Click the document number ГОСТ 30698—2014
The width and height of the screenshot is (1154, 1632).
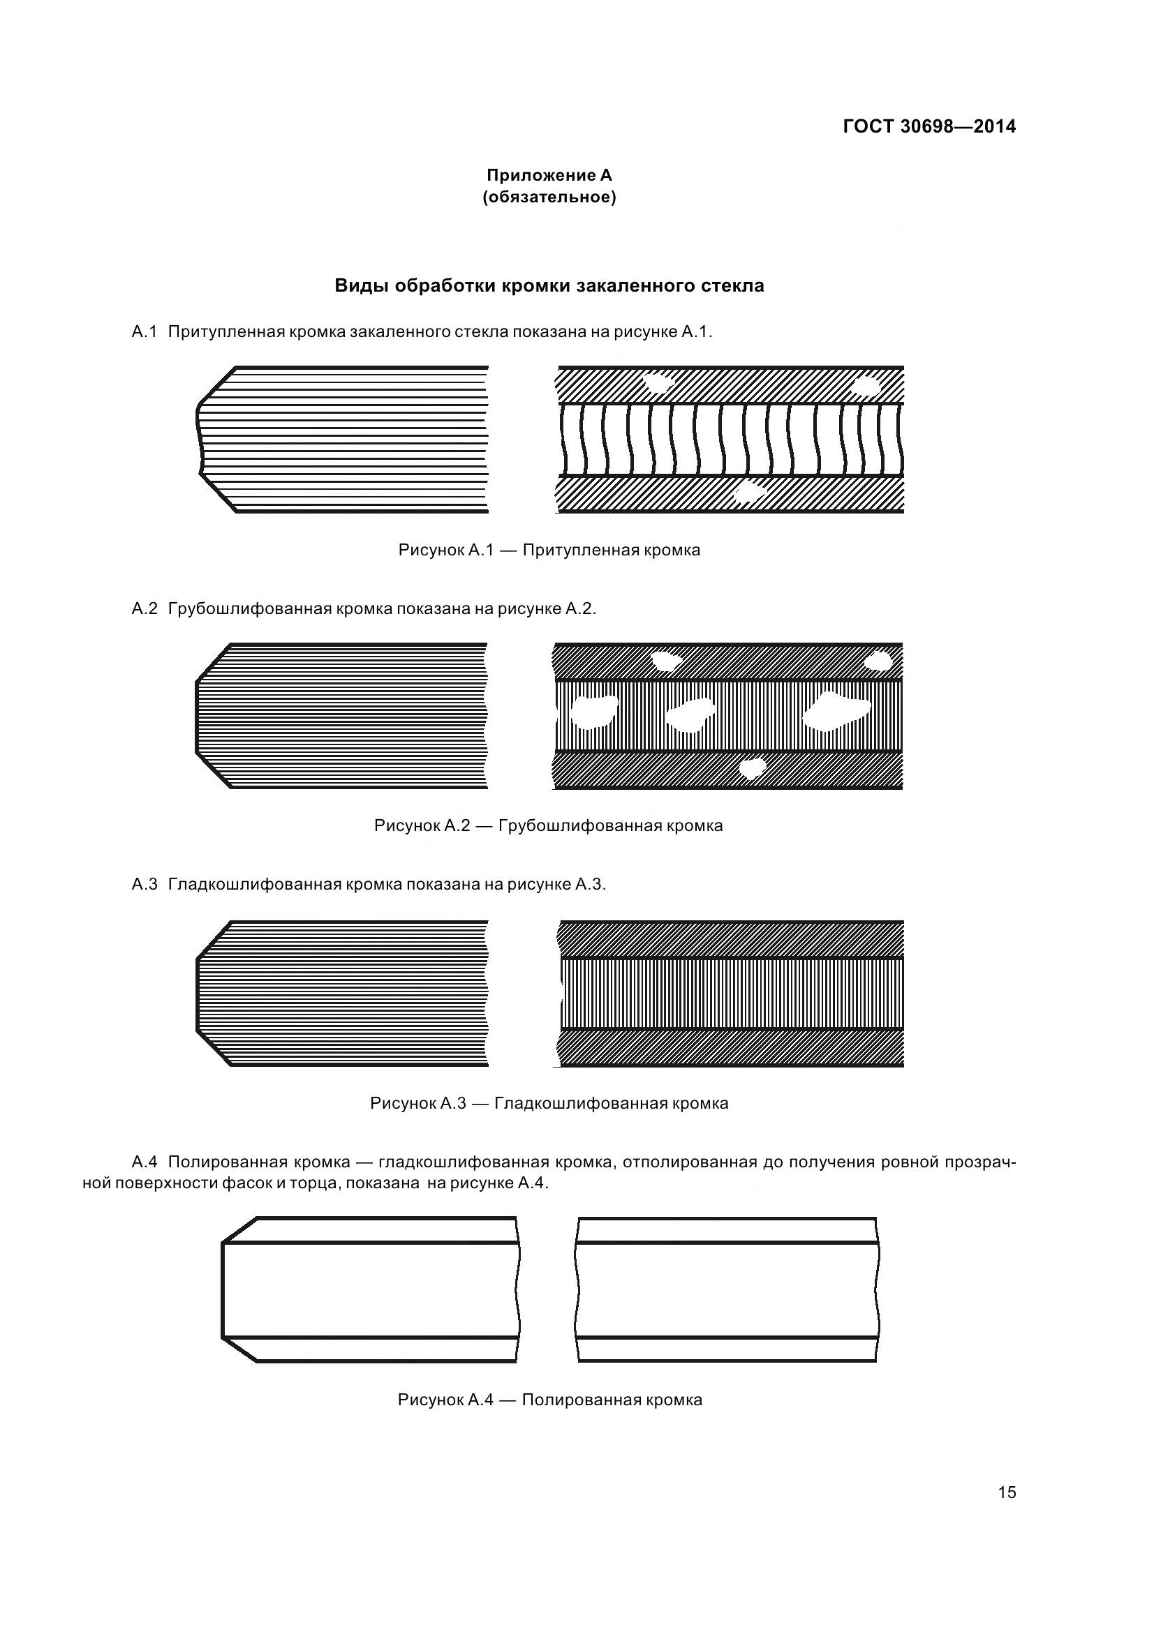pyautogui.click(x=929, y=126)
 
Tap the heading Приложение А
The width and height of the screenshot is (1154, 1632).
pyautogui.click(x=549, y=175)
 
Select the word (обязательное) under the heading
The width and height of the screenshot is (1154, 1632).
pyautogui.click(x=549, y=197)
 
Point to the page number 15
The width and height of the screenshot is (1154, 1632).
pyautogui.click(x=1007, y=1492)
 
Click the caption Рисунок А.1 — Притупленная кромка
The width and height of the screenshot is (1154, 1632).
pyautogui.click(x=549, y=549)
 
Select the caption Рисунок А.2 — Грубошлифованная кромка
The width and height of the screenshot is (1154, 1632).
pyautogui.click(x=548, y=825)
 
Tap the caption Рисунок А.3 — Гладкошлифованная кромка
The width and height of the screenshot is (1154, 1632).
pyautogui.click(x=549, y=1103)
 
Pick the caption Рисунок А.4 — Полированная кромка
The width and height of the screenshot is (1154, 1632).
pyautogui.click(x=549, y=1400)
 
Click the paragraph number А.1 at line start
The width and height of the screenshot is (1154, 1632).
pyautogui.click(x=145, y=332)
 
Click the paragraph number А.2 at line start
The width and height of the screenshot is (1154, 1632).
pyautogui.click(x=145, y=608)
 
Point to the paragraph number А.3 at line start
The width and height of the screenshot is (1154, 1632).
pyautogui.click(x=145, y=884)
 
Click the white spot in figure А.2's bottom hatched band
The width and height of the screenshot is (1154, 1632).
pyautogui.click(x=753, y=768)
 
